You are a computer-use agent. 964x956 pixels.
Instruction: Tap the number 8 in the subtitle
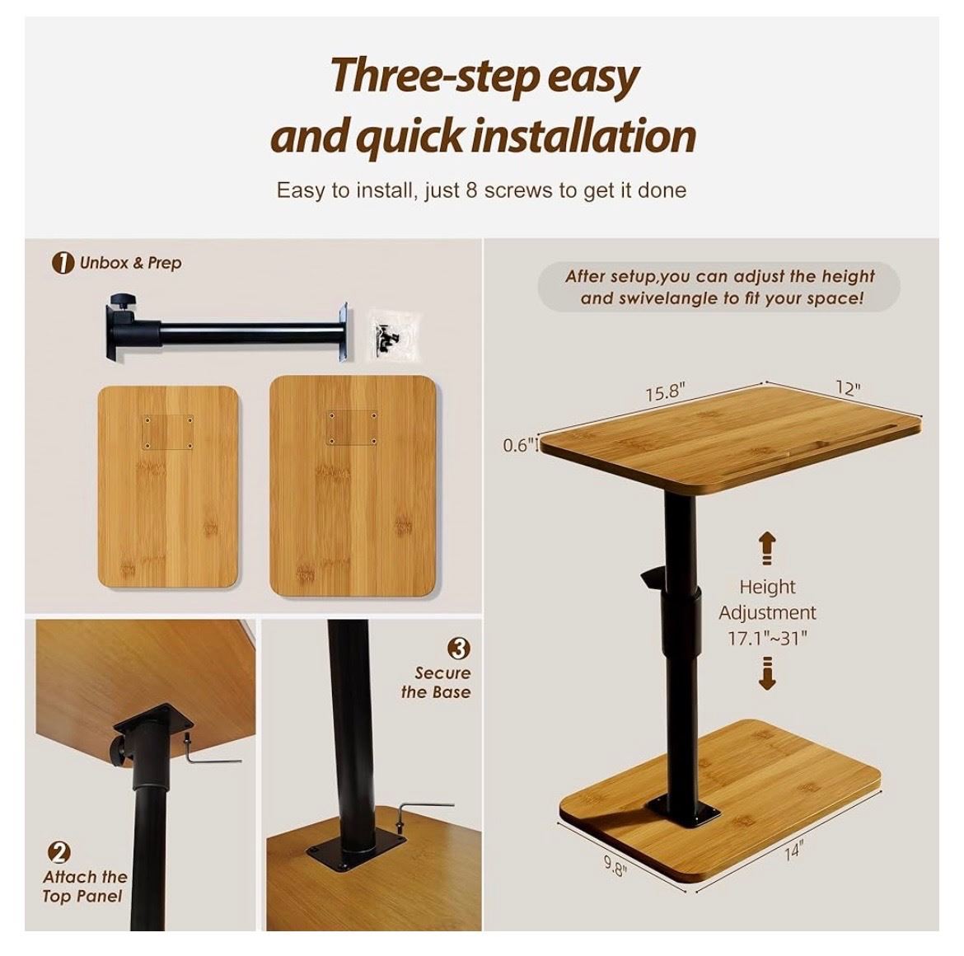click(471, 190)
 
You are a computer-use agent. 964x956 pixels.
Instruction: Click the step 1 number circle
click(63, 263)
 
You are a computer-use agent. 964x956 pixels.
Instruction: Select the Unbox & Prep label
click(130, 263)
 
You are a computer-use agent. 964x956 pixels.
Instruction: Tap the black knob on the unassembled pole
click(120, 302)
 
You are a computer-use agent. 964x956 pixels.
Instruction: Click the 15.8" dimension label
click(665, 391)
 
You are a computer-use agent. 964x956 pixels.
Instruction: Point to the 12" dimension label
click(847, 388)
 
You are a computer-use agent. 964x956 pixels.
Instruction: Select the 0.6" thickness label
click(517, 444)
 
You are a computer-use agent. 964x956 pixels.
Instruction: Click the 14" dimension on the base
click(793, 852)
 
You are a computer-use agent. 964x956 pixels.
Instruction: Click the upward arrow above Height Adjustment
click(766, 548)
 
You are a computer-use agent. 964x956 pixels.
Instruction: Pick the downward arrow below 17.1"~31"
click(766, 673)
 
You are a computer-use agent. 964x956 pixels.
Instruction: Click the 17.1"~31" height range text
click(766, 638)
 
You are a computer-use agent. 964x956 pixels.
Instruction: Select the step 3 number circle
click(459, 648)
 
